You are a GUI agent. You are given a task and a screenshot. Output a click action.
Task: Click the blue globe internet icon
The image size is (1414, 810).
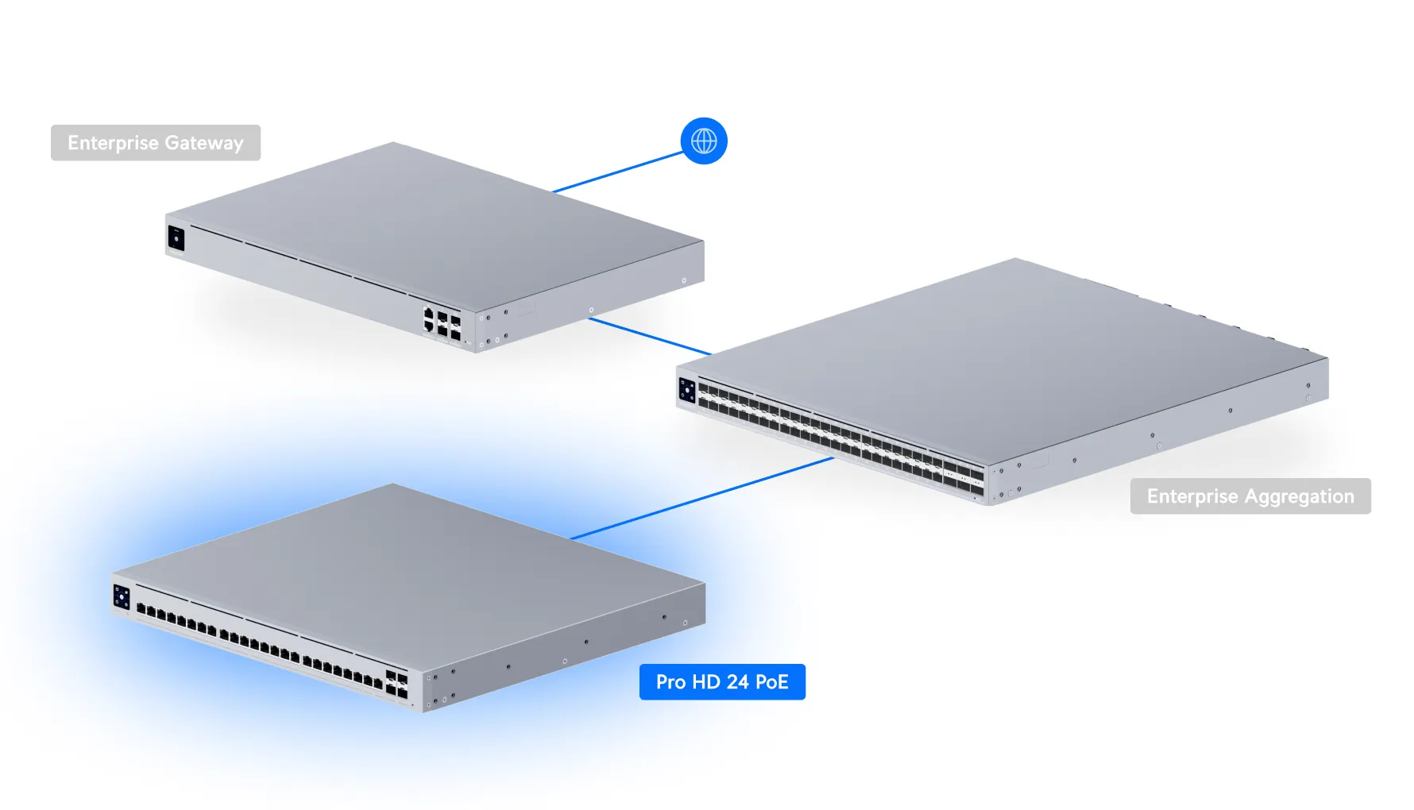click(704, 141)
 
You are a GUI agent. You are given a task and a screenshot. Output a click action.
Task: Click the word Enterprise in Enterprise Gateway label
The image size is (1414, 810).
click(113, 143)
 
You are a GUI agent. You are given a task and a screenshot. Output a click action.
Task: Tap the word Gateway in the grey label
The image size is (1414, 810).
click(203, 144)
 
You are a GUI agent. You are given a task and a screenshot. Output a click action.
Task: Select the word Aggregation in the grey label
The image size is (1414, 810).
click(1299, 496)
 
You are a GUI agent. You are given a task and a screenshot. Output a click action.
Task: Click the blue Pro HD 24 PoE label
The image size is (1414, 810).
click(722, 682)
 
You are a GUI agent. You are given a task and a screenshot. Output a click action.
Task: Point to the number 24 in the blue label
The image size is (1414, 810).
click(737, 682)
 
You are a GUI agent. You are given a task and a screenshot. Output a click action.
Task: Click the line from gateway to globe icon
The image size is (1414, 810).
click(618, 172)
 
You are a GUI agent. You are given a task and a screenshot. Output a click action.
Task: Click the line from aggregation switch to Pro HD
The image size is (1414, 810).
click(702, 498)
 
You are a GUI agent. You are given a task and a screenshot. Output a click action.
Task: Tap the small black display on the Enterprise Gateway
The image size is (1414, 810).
click(176, 237)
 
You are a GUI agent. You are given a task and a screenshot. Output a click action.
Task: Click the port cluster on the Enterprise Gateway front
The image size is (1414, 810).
click(442, 322)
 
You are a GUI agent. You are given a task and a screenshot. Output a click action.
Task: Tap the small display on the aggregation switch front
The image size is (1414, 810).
click(687, 391)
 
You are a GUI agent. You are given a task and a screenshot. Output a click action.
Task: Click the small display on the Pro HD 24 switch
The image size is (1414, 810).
click(122, 596)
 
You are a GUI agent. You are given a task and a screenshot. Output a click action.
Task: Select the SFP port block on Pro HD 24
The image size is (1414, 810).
click(396, 685)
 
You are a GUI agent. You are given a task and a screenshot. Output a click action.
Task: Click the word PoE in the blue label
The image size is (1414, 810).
click(771, 682)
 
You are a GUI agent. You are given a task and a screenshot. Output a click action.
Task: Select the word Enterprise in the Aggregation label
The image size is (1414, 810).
click(1192, 496)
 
